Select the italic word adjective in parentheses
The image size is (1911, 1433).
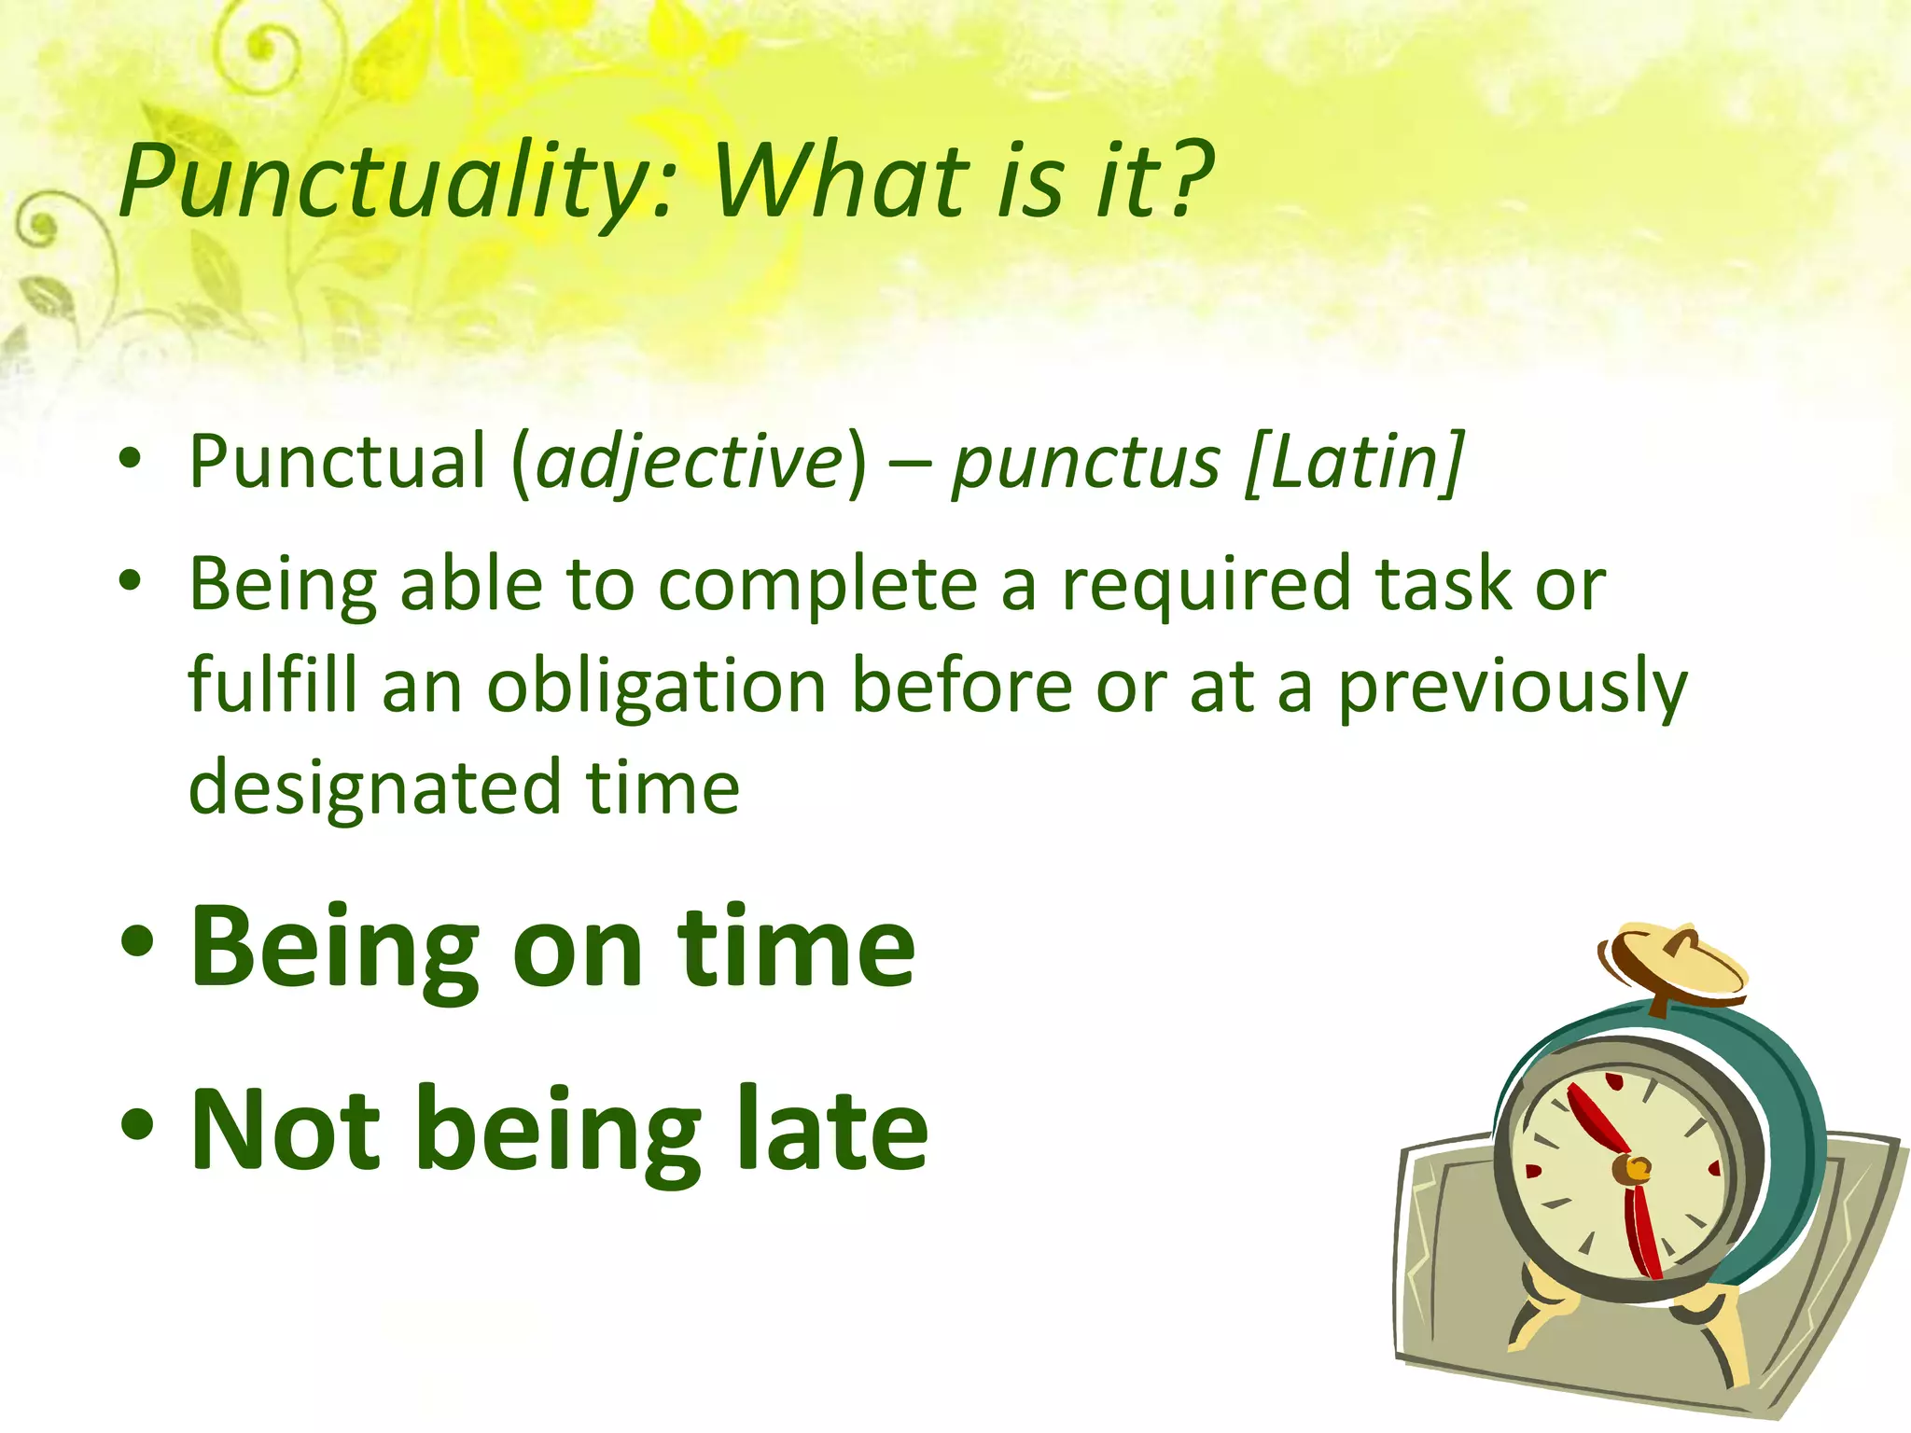click(x=690, y=462)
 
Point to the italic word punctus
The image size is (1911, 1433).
click(x=1085, y=462)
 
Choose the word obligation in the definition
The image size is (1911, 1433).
click(x=656, y=687)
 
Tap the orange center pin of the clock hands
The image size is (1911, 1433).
click(x=1636, y=1167)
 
